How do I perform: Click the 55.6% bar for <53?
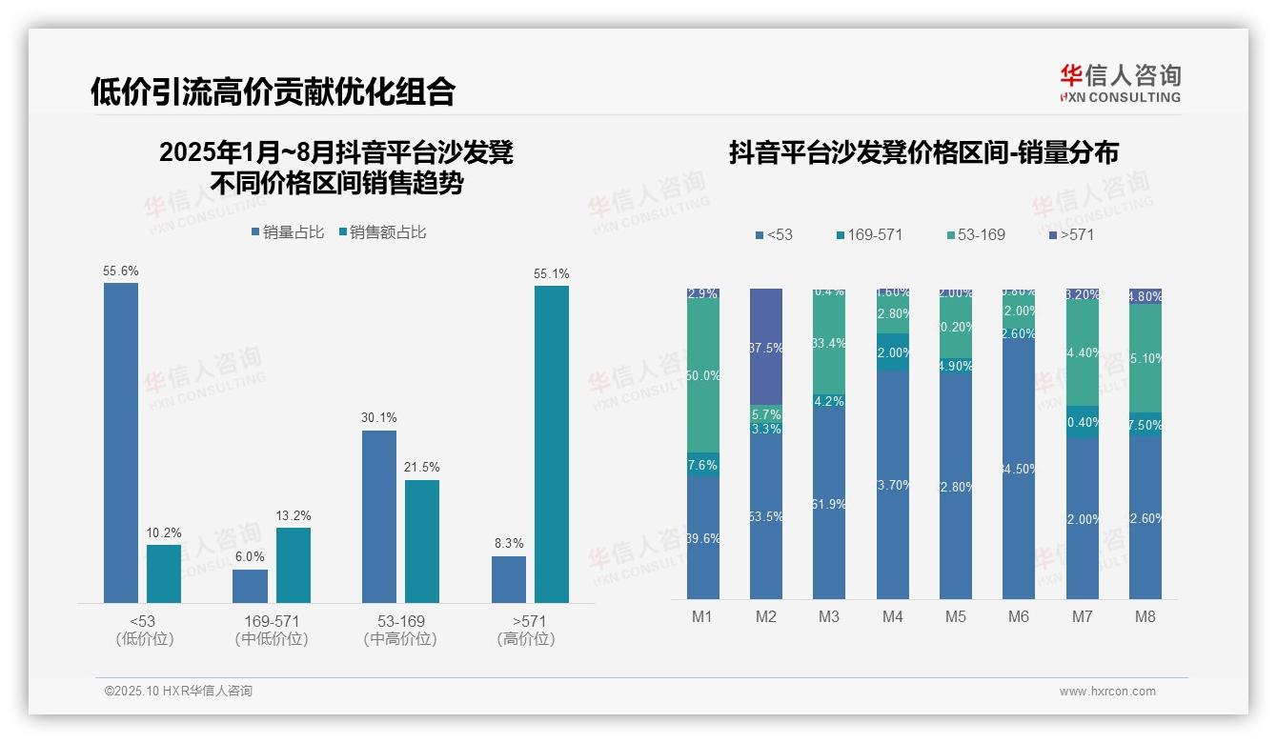[121, 442]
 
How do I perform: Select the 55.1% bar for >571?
[551, 444]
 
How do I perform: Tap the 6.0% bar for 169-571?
[250, 586]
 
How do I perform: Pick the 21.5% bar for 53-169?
[422, 541]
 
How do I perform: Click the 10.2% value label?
[164, 532]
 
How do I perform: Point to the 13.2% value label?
[294, 515]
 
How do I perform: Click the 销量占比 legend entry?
[288, 231]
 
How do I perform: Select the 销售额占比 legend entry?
[382, 231]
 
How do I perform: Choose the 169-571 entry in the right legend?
[868, 234]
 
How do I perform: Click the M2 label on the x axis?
[765, 616]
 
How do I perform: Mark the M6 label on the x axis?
[1019, 616]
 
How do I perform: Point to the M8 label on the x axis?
[1145, 616]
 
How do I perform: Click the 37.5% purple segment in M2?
[765, 347]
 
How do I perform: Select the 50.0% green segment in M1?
[702, 376]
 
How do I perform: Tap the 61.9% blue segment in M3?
[829, 504]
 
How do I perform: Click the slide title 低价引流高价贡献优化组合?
[273, 91]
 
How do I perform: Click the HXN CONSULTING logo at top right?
[1120, 84]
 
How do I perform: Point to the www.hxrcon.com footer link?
[1107, 692]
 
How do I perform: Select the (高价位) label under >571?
[526, 639]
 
